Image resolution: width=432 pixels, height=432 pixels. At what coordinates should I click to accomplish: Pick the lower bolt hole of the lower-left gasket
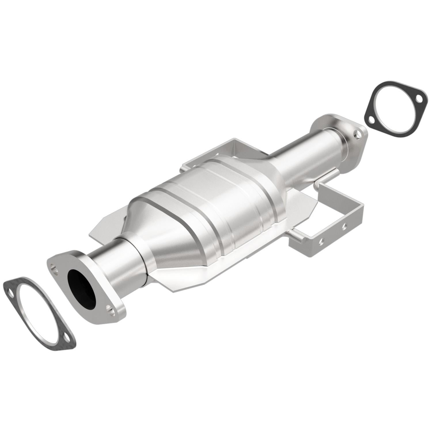[x=66, y=336]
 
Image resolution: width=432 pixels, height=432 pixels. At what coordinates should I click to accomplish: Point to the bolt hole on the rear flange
[x=358, y=134]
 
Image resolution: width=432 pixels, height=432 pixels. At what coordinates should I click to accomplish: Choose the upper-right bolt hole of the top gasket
[x=419, y=99]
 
